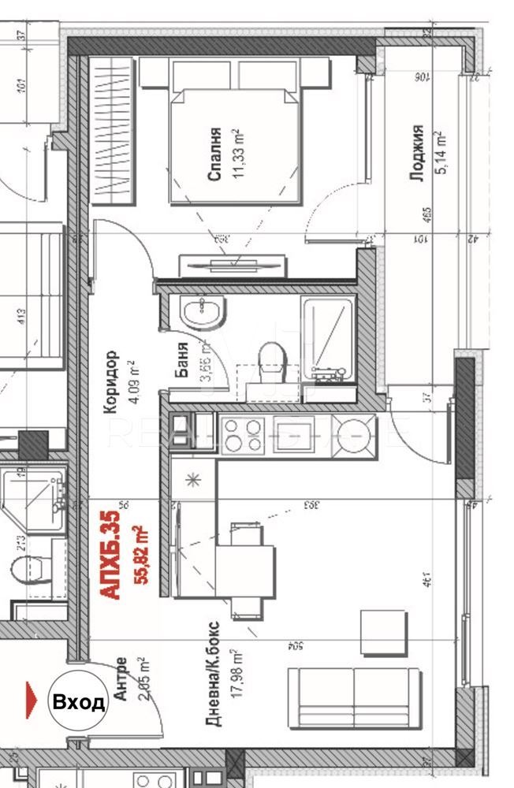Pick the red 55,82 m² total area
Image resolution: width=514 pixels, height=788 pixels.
(x=142, y=555)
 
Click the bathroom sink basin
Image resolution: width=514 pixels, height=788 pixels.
(x=203, y=311)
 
